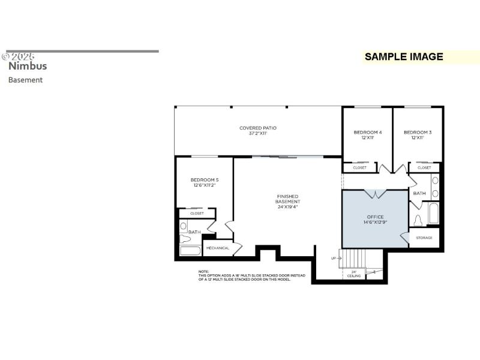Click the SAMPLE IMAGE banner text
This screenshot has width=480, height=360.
tap(404, 57)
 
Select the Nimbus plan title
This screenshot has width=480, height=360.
tap(28, 67)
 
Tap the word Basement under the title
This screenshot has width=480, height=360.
tap(25, 80)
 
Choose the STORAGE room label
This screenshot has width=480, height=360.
tap(425, 238)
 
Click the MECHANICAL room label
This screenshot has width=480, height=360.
tap(218, 248)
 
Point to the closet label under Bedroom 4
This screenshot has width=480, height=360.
tap(359, 168)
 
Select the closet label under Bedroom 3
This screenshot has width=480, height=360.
tap(424, 168)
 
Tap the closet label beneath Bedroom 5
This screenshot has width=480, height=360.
tap(197, 213)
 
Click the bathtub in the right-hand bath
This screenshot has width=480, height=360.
tap(433, 213)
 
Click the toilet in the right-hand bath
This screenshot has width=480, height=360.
tap(418, 220)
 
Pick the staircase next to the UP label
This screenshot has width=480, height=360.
tap(353, 259)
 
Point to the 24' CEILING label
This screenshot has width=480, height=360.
tap(354, 274)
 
